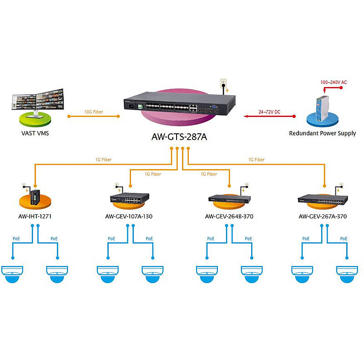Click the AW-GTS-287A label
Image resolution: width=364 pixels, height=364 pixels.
click(x=179, y=136)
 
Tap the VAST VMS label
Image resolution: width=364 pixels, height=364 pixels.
click(x=35, y=133)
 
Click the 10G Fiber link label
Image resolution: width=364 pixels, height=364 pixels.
click(x=93, y=111)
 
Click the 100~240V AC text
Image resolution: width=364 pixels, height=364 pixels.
click(x=334, y=82)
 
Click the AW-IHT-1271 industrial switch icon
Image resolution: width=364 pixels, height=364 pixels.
click(x=35, y=197)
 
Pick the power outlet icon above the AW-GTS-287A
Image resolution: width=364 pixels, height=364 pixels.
click(x=223, y=84)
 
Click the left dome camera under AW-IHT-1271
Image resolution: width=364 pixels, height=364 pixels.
click(x=12, y=274)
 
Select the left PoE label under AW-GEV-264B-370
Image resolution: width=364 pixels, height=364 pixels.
click(x=211, y=238)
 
